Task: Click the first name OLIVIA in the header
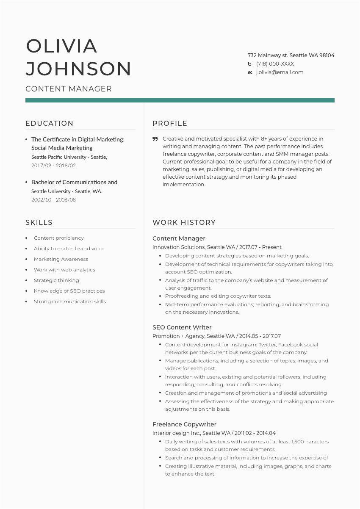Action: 61,46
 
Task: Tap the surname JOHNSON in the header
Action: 78,69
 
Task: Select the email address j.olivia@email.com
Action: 280,72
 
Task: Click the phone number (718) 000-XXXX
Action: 275,64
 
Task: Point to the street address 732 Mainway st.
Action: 268,55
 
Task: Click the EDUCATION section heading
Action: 50,123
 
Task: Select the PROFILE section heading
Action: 170,123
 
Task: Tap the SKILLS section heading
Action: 39,222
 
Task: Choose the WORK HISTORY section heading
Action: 184,222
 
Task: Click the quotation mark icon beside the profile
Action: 155,139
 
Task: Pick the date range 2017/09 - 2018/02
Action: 53,166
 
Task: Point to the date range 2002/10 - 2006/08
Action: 53,200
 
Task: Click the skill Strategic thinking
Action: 56,280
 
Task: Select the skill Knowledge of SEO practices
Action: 69,291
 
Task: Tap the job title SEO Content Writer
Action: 182,327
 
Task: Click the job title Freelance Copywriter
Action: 184,424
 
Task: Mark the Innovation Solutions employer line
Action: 217,247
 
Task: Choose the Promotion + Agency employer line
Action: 216,336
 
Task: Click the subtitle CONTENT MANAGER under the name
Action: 69,89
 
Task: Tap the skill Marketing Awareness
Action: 61,259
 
